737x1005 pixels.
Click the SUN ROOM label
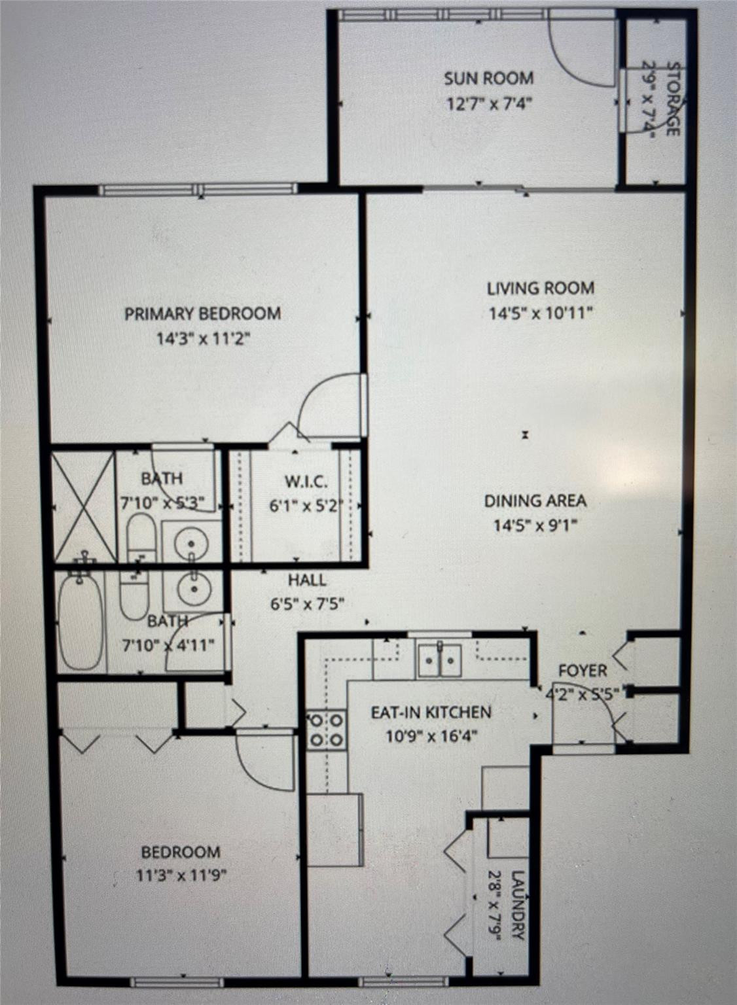pyautogui.click(x=488, y=79)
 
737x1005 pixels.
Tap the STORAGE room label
pyautogui.click(x=673, y=99)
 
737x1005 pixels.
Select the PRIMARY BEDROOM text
pyautogui.click(x=203, y=314)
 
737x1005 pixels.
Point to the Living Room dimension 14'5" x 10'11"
pyautogui.click(x=541, y=313)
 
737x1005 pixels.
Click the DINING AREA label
pyautogui.click(x=535, y=501)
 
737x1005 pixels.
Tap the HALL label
pyautogui.click(x=307, y=580)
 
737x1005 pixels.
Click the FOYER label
pyautogui.click(x=582, y=671)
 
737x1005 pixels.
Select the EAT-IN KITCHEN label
pyautogui.click(x=431, y=713)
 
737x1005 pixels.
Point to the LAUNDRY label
pyautogui.click(x=517, y=904)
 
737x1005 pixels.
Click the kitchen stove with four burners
pyautogui.click(x=326, y=730)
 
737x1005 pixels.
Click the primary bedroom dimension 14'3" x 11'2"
pyautogui.click(x=203, y=339)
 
